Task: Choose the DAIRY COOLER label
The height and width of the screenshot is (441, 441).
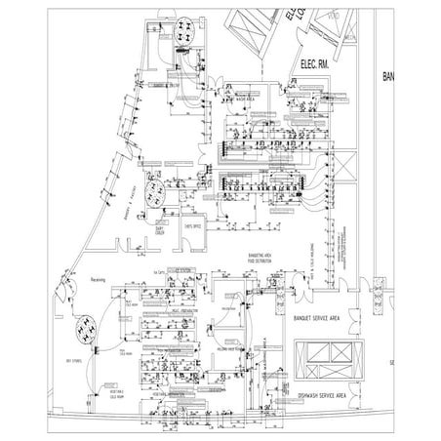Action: (x=161, y=232)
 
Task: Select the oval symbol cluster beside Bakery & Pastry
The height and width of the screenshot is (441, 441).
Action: (x=152, y=191)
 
